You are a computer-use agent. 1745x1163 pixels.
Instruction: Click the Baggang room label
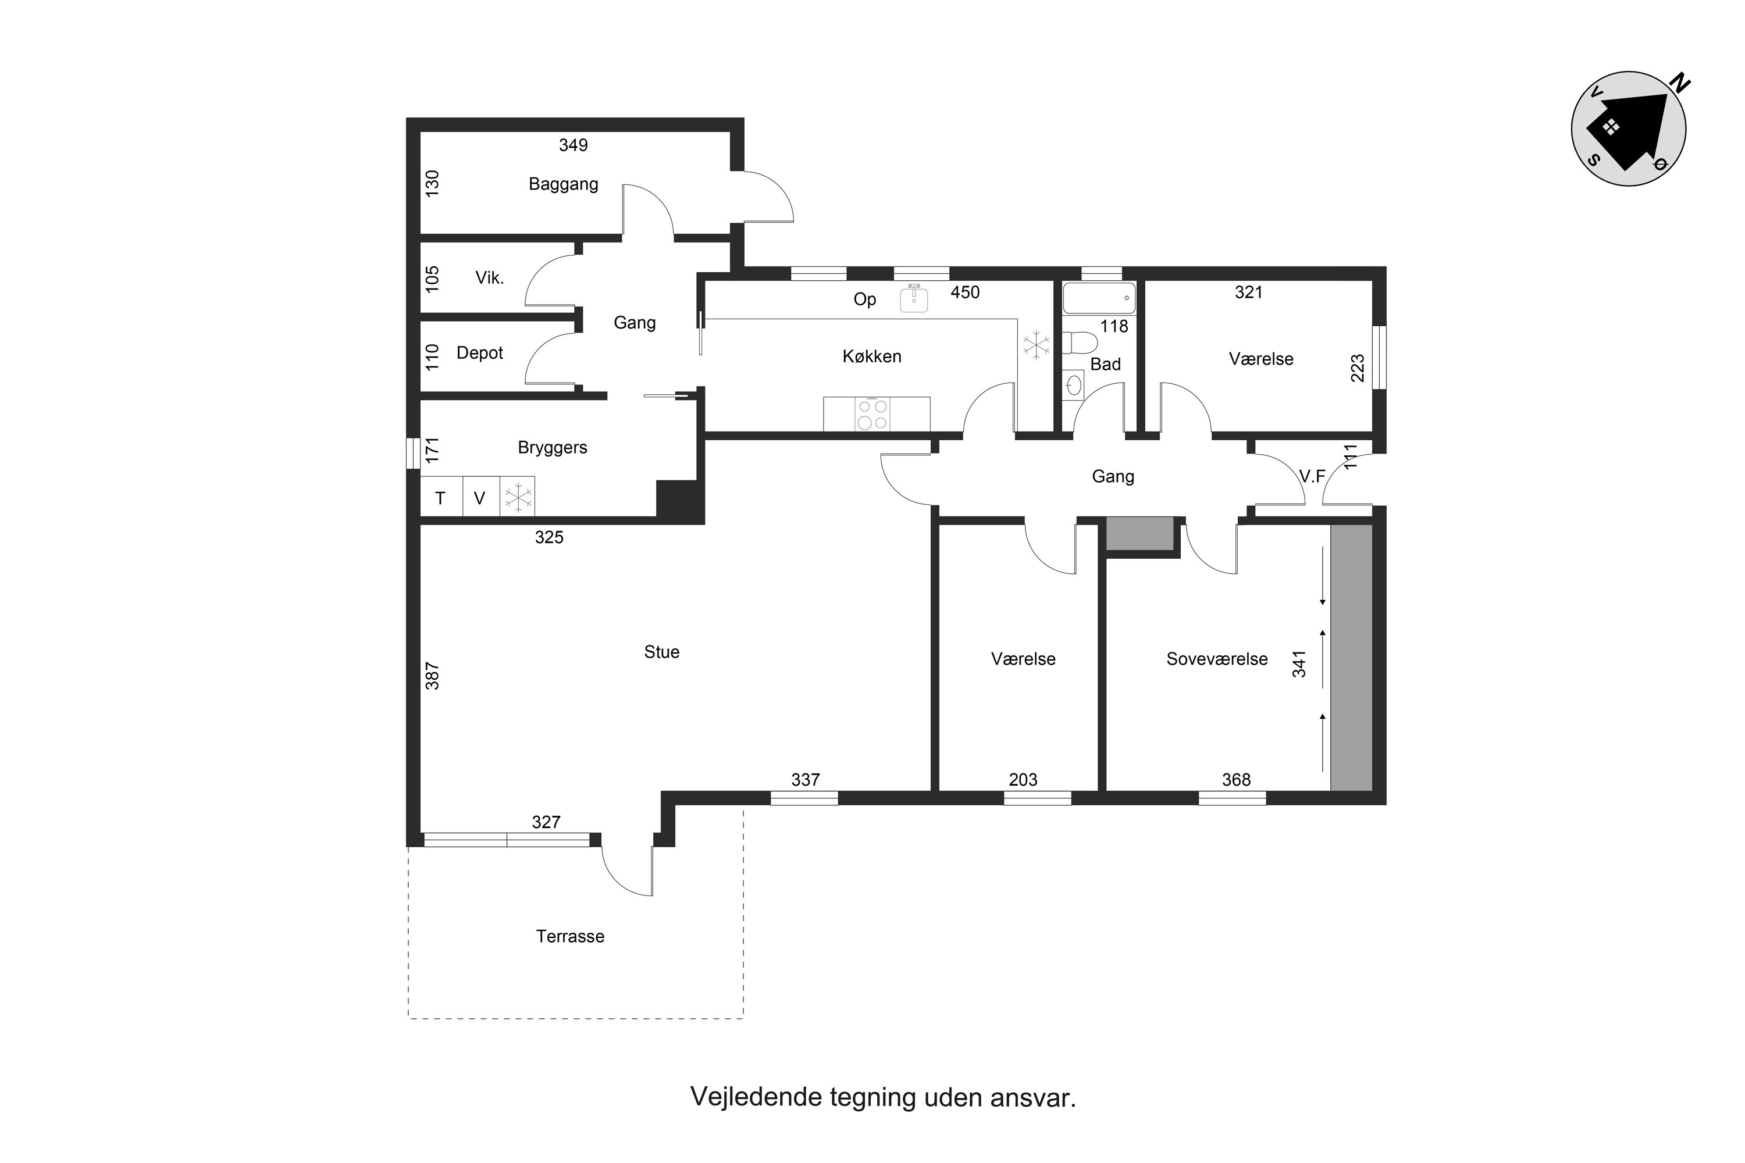tap(563, 184)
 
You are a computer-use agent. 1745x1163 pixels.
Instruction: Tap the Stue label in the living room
tap(662, 652)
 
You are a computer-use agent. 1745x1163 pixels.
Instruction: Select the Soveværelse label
tap(1217, 659)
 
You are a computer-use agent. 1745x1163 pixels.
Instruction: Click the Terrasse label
tap(570, 936)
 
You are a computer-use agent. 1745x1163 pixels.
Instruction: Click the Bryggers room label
tap(552, 448)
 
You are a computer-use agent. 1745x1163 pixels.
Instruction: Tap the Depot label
tap(479, 353)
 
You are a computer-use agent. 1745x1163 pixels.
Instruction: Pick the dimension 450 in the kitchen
tap(964, 292)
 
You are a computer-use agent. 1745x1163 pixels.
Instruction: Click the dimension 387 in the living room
tap(432, 676)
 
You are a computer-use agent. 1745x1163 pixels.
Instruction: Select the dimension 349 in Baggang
tap(573, 145)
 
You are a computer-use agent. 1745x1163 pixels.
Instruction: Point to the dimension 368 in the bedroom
tap(1236, 780)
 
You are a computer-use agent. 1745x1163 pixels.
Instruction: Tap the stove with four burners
tap(872, 414)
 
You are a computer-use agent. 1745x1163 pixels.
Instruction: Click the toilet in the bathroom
tap(1080, 344)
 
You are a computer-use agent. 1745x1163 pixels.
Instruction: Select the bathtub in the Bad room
tap(1099, 297)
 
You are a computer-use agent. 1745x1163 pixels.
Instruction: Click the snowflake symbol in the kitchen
tap(1037, 345)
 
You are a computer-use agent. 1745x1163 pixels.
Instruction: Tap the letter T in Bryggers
tap(440, 498)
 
